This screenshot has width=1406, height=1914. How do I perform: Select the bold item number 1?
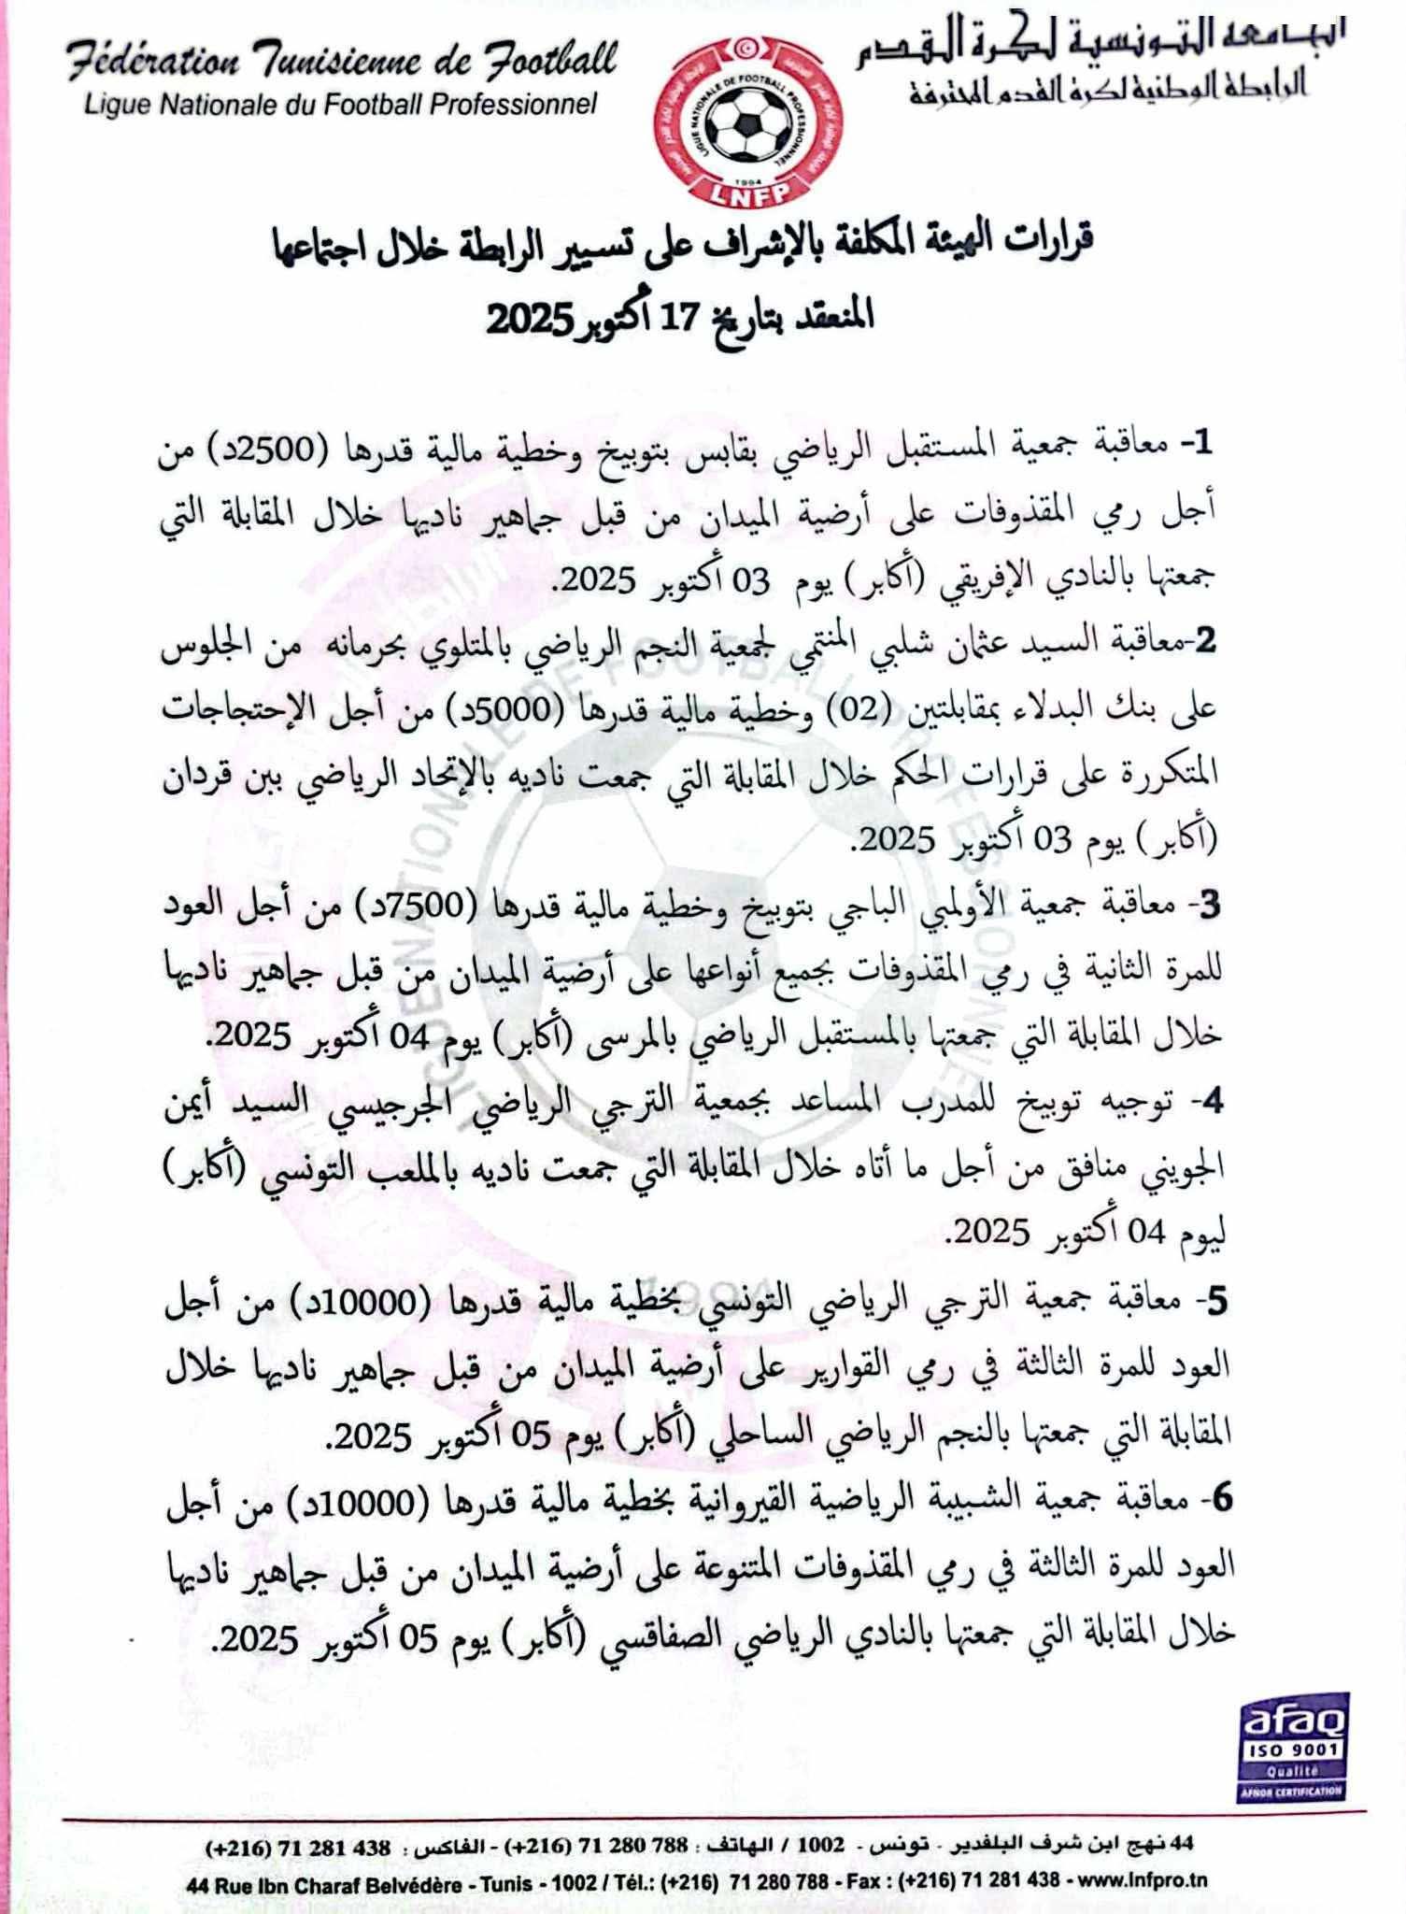coord(1200,447)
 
